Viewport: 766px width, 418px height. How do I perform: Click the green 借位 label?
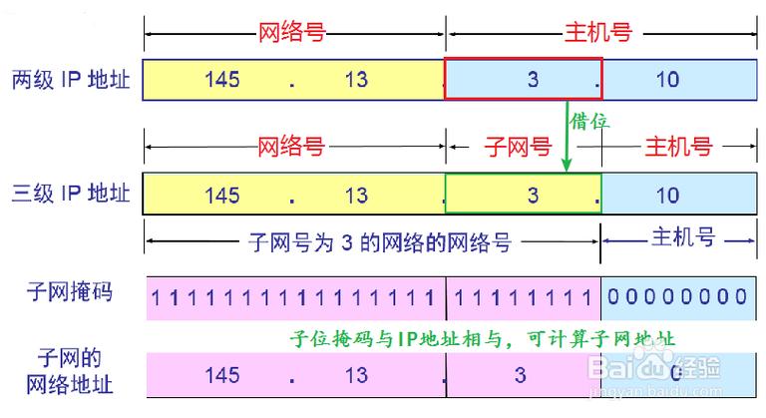589,121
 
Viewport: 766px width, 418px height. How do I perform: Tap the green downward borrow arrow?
567,136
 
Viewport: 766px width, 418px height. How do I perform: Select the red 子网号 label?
518,147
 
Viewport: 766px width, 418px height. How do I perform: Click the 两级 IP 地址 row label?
71,80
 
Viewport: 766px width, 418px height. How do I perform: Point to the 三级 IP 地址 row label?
71,194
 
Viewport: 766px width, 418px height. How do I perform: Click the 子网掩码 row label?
70,292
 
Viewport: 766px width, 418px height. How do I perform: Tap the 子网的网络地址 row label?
70,371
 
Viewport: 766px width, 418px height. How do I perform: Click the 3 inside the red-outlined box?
533,79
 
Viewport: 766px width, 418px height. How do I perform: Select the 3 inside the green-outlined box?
533,196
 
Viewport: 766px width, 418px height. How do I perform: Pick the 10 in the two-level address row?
667,79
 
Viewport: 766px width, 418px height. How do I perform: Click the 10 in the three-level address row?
667,196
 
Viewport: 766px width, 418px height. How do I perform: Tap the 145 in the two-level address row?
222,79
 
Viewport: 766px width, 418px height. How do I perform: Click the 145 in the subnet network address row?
222,375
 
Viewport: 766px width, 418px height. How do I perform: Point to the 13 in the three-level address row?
356,196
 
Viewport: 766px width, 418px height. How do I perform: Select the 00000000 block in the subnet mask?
677,296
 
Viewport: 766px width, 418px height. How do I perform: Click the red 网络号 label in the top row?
291,33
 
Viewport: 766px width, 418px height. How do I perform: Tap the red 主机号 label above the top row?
598,32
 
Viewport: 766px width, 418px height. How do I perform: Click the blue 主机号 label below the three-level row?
683,236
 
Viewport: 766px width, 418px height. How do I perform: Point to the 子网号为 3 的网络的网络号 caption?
380,242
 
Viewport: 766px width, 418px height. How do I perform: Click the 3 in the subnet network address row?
521,375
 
